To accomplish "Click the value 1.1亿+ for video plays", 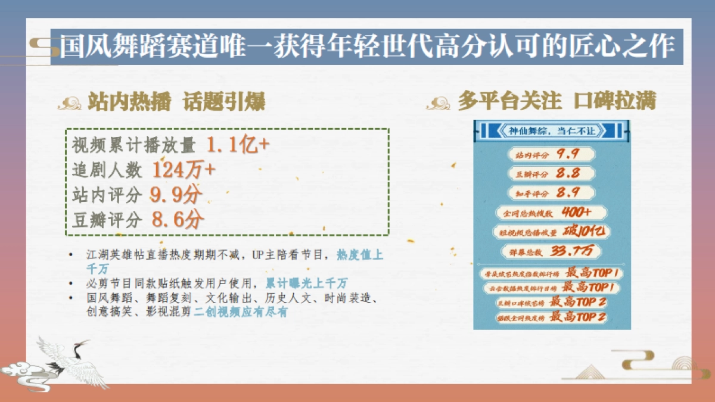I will pyautogui.click(x=239, y=145).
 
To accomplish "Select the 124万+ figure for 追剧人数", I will pyautogui.click(x=184, y=170).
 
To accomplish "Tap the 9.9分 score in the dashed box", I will pyautogui.click(x=177, y=195).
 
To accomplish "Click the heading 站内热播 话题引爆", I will pyautogui.click(x=175, y=102).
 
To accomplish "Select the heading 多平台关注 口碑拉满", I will pyautogui.click(x=556, y=102).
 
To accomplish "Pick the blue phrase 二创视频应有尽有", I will pyautogui.click(x=241, y=311).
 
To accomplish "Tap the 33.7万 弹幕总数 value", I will pyautogui.click(x=573, y=251).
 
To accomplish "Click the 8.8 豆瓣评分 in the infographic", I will pyautogui.click(x=568, y=174).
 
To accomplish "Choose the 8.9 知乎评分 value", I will pyautogui.click(x=568, y=193).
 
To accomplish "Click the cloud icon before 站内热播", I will pyautogui.click(x=70, y=104).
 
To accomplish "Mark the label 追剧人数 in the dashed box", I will pyautogui.click(x=107, y=171).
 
